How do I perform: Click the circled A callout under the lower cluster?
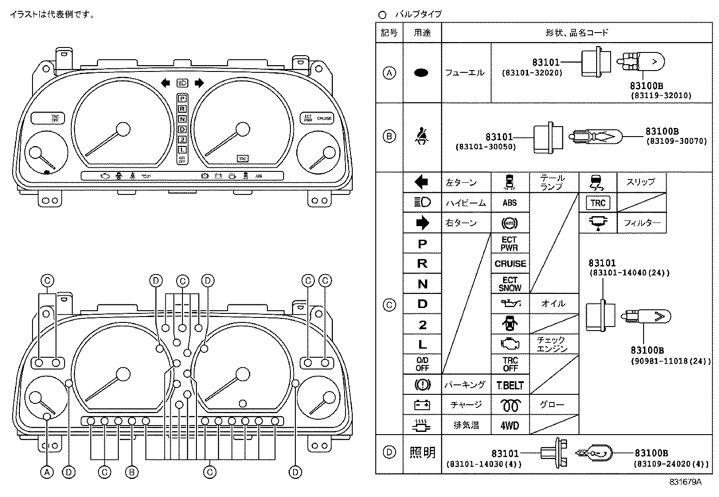click(47, 473)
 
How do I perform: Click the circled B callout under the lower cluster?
click(131, 473)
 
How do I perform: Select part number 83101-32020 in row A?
click(532, 72)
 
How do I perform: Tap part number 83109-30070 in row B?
click(676, 141)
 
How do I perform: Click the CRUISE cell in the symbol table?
click(510, 264)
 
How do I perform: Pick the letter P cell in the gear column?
click(422, 244)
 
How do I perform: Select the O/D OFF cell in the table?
click(422, 364)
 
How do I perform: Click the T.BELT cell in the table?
click(510, 385)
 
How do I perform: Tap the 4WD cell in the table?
click(510, 426)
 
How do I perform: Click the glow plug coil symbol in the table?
click(510, 405)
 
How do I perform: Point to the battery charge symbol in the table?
click(422, 405)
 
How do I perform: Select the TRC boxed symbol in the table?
click(598, 203)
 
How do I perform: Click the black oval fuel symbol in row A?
click(421, 73)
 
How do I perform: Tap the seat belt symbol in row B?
click(422, 136)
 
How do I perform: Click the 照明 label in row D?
click(422, 452)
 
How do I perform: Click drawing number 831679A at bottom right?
click(685, 482)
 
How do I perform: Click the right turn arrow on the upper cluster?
click(199, 83)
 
